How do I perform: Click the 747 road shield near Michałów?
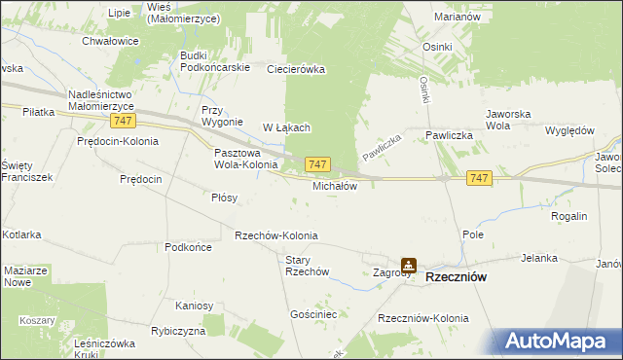coord(318,165)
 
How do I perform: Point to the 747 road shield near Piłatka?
coord(123,120)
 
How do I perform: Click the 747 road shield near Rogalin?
coord(478,178)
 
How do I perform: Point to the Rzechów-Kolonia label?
coord(275,236)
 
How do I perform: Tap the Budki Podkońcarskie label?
coord(215,61)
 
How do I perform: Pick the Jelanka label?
coord(538,258)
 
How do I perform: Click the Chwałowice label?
coord(111,42)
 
